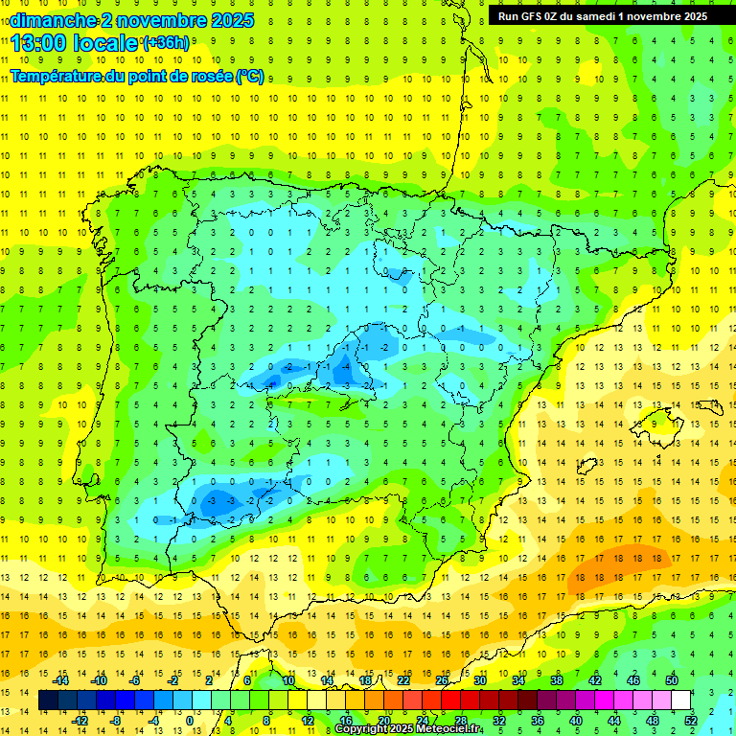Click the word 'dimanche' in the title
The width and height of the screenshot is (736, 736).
(x=53, y=20)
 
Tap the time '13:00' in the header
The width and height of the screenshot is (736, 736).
(x=40, y=42)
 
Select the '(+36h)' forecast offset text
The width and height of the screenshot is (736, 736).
(x=166, y=43)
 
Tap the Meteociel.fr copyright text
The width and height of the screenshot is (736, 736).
(x=407, y=729)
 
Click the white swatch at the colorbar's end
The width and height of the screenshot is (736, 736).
(x=680, y=701)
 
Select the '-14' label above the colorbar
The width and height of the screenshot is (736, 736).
(x=62, y=680)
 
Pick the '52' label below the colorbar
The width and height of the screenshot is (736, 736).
(x=690, y=721)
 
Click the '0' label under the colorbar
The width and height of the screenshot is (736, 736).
(x=190, y=721)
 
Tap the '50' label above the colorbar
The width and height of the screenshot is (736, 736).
(x=671, y=680)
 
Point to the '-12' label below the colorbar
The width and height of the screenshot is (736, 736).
(x=80, y=721)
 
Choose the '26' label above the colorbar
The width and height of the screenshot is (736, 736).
(x=442, y=680)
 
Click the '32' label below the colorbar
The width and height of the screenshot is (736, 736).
(x=499, y=721)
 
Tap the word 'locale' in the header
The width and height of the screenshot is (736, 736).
(x=108, y=42)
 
